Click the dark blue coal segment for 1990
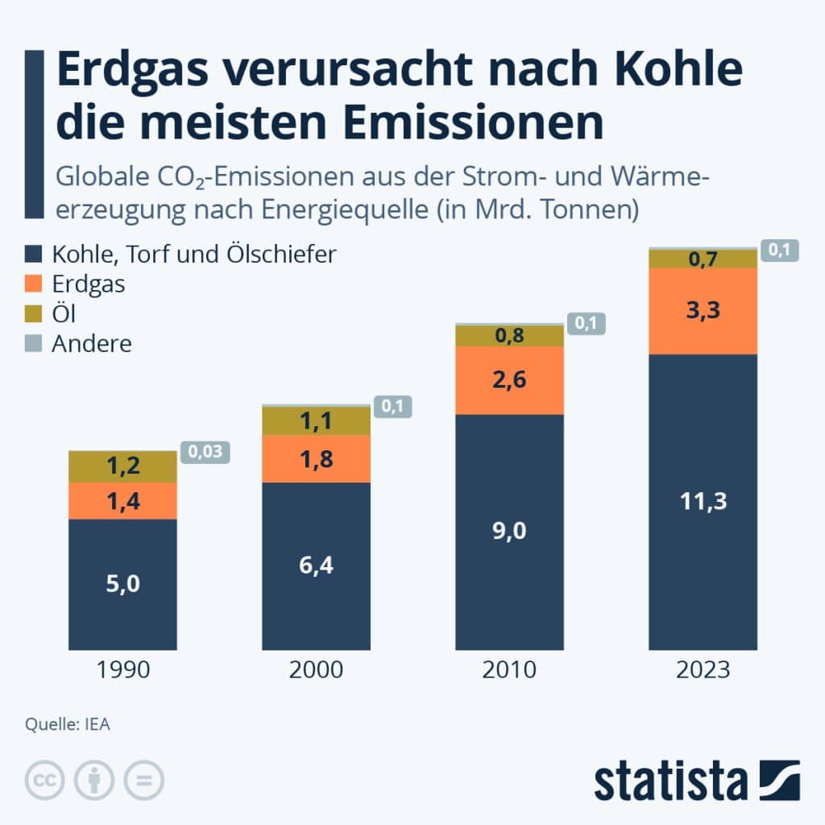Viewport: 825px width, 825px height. pos(122,584)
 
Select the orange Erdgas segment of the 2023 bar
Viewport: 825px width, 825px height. pos(703,310)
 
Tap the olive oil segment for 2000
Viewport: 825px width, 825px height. pos(316,420)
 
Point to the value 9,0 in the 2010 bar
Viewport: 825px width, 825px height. pos(509,531)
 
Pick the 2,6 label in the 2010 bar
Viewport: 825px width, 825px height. pos(509,379)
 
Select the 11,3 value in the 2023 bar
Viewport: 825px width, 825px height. pos(703,501)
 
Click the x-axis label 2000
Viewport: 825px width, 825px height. pos(316,670)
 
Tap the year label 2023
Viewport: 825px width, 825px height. pos(703,670)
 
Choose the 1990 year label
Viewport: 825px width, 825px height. pos(122,670)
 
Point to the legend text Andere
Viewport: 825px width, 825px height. pos(92,344)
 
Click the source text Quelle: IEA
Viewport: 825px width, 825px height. pos(68,723)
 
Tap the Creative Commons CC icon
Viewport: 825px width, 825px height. pos(46,780)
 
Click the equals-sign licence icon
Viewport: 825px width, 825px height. pos(143,780)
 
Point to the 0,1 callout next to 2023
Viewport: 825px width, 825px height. pos(778,251)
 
